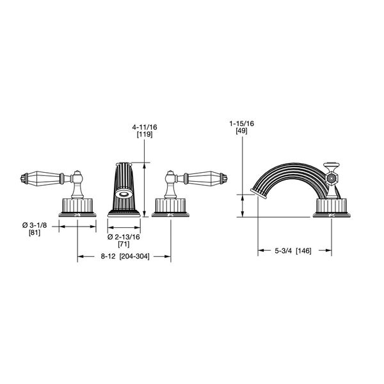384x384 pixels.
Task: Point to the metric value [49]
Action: click(243, 131)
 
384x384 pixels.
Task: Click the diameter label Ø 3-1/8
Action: click(35, 224)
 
